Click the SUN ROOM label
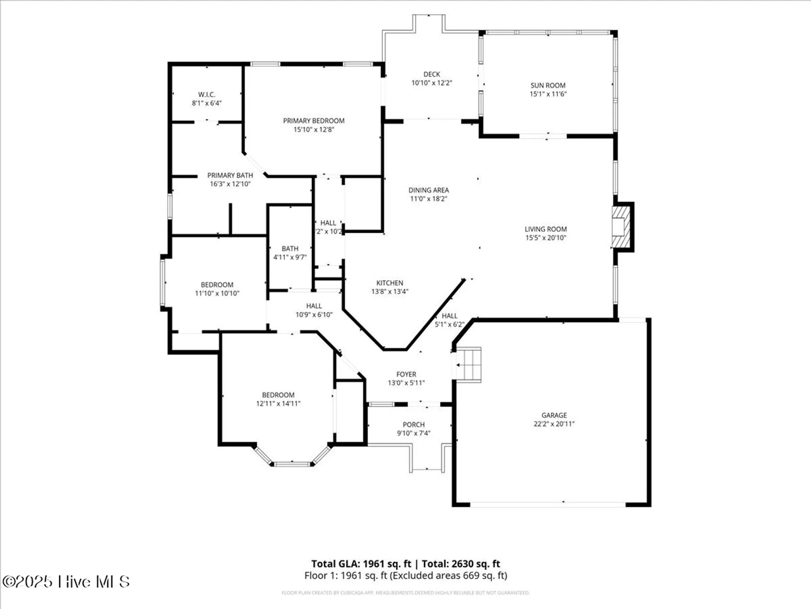548,86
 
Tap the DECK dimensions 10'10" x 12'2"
431,83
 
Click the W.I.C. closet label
206,95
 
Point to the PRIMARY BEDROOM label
313,121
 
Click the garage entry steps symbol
468,365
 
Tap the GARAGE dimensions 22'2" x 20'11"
554,424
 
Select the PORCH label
414,425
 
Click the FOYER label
406,374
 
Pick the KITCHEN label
390,283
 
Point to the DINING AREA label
429,190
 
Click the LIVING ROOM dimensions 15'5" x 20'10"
545,238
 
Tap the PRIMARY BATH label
230,175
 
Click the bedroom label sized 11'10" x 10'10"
217,285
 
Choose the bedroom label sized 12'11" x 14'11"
278,395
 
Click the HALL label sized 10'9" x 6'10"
314,306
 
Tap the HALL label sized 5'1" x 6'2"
449,316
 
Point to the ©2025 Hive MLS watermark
66,581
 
